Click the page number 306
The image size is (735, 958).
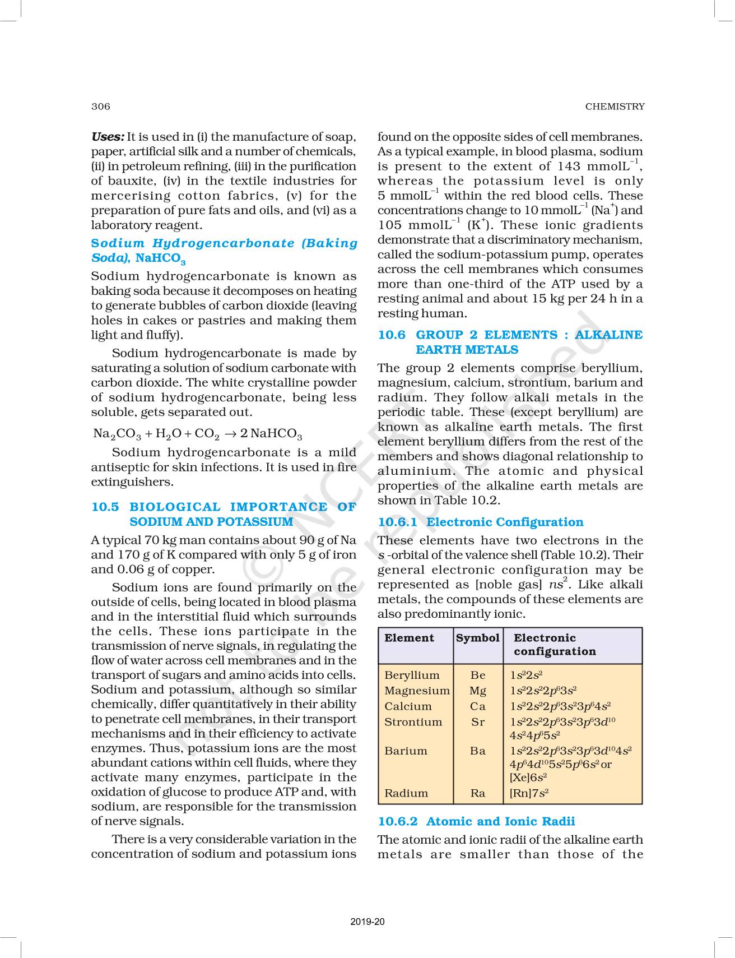[x=101, y=107]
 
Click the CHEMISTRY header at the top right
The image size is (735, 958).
[x=615, y=107]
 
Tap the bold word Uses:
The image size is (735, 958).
[x=108, y=137]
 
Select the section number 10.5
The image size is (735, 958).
[x=105, y=507]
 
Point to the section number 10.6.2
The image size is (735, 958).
[x=397, y=821]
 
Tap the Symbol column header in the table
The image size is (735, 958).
[x=477, y=638]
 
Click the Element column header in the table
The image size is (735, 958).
[x=409, y=638]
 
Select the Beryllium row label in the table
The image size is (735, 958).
[x=412, y=675]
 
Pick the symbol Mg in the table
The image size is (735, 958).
[x=478, y=691]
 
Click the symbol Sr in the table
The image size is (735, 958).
[x=478, y=722]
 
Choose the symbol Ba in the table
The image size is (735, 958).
[x=478, y=751]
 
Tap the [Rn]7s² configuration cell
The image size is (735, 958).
[x=529, y=793]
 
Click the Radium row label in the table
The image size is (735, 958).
[x=406, y=793]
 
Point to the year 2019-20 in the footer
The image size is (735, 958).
[x=367, y=922]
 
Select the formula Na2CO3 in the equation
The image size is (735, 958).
[x=117, y=434]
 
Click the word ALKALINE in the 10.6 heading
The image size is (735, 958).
[x=609, y=335]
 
